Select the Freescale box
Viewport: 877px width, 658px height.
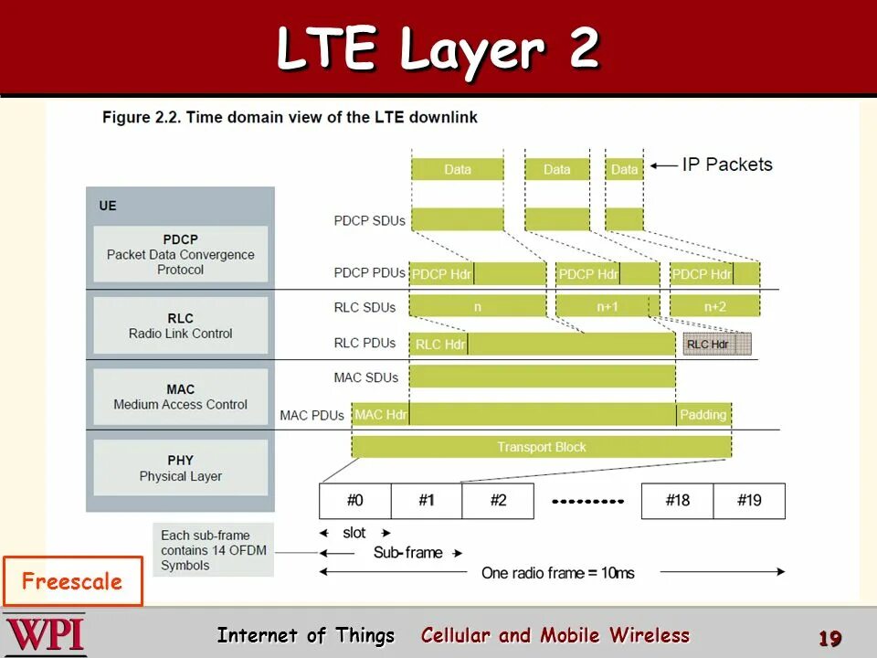72,581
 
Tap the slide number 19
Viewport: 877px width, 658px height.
829,638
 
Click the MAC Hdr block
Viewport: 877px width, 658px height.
381,415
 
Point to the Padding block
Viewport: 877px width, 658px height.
703,415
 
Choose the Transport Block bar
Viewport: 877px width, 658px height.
541,447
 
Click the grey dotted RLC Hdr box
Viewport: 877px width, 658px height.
717,344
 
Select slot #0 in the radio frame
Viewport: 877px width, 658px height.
355,501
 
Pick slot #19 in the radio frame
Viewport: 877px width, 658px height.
749,501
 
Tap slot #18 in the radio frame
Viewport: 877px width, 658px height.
678,501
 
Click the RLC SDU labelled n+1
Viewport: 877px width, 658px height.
608,306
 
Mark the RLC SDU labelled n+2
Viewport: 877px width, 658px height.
714,306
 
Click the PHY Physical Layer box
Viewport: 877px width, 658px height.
181,468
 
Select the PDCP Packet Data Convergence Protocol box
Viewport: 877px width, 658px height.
181,254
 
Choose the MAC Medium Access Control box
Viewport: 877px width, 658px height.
181,397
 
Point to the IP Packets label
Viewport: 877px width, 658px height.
726,164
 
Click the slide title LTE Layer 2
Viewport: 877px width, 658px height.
438,49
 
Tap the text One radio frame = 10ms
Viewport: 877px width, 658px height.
557,573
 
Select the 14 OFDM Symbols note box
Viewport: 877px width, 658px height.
212,550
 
